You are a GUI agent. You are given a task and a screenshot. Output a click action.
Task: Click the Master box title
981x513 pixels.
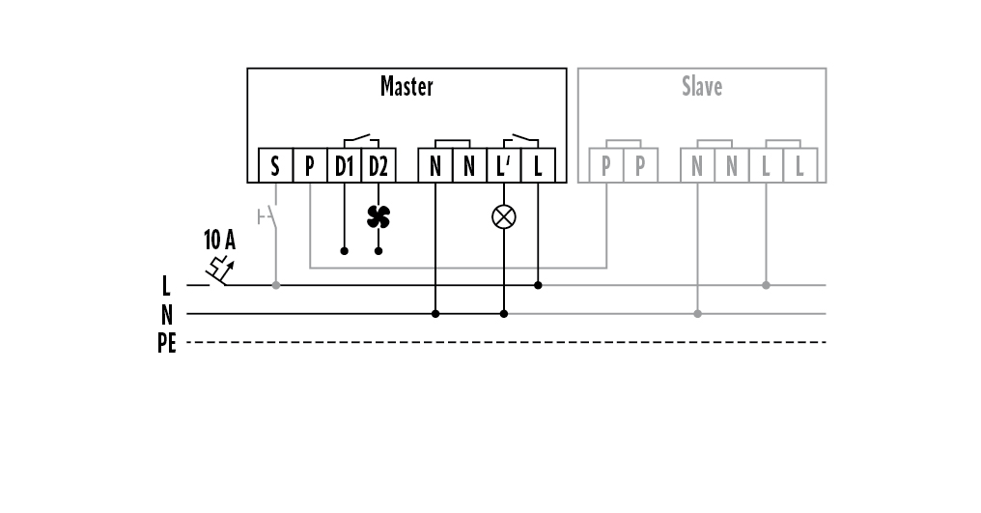tap(406, 87)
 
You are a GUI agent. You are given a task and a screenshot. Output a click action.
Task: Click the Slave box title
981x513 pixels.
tap(702, 87)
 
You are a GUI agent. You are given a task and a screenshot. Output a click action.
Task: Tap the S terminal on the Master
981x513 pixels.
tap(275, 166)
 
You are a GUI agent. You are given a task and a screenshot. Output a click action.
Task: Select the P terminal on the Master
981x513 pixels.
tap(309, 166)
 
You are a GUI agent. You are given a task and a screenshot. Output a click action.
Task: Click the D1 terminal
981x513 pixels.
tap(344, 166)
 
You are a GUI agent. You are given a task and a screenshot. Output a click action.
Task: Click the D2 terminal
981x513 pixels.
tap(378, 166)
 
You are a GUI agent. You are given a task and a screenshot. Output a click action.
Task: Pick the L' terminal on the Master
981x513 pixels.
tap(503, 166)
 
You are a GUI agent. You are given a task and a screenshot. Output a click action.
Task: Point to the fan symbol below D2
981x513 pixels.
tap(378, 216)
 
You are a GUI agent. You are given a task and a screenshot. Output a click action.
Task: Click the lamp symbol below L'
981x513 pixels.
tap(503, 216)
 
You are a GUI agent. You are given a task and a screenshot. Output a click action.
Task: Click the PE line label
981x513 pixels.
tap(167, 343)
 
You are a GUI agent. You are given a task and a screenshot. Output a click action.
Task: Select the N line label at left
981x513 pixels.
tap(167, 314)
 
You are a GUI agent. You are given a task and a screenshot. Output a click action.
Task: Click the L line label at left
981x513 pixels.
tap(167, 285)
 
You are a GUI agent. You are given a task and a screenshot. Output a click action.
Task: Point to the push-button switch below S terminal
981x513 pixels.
tap(271, 217)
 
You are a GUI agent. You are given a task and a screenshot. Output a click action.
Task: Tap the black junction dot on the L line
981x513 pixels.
tap(538, 285)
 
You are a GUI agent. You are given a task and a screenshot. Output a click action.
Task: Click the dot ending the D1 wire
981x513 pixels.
tap(344, 251)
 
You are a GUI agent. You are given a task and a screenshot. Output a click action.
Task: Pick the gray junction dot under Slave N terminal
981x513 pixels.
tap(697, 314)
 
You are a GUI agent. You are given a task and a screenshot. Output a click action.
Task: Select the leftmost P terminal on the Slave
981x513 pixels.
tap(605, 166)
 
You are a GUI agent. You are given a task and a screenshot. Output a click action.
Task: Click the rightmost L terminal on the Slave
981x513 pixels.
tap(799, 166)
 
